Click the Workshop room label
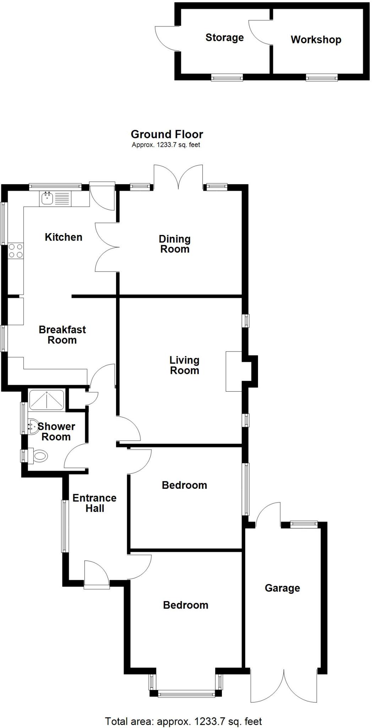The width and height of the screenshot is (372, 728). tap(316, 39)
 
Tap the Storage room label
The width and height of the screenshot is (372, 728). tap(224, 37)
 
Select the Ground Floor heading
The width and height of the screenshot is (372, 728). tap(167, 134)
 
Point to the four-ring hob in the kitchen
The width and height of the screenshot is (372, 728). tap(16, 250)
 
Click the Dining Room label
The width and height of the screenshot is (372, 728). tap(175, 244)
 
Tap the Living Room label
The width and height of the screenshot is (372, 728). tap(184, 365)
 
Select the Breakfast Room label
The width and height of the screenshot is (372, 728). tap(62, 334)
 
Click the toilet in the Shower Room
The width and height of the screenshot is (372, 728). tap(38, 456)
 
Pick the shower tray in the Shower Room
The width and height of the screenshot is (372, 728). tap(46, 400)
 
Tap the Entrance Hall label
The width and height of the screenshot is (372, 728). tap(94, 503)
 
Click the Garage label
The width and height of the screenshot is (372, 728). tap(282, 588)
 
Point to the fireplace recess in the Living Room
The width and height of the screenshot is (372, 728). tap(234, 371)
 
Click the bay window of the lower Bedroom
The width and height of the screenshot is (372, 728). tap(186, 693)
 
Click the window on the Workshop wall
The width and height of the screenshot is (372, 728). tap(322, 77)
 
